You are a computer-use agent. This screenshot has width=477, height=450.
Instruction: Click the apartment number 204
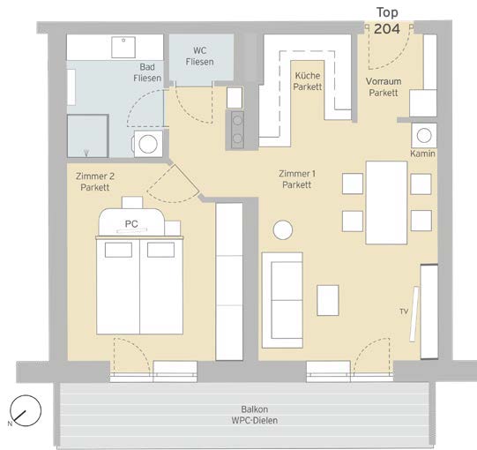(x=387, y=29)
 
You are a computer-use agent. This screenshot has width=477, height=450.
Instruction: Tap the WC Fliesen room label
(x=199, y=56)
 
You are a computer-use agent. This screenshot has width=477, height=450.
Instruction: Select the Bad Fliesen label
(x=147, y=72)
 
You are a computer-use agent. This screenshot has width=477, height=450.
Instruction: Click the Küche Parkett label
(x=307, y=81)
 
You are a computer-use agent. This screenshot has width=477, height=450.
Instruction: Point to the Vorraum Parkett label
(x=384, y=86)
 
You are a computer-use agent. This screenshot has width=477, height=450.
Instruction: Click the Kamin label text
(x=422, y=154)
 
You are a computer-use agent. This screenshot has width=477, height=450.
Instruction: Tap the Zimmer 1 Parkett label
(x=297, y=179)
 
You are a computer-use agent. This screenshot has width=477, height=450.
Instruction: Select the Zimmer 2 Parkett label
(x=95, y=182)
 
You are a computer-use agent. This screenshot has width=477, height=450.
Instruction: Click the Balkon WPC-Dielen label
(x=255, y=415)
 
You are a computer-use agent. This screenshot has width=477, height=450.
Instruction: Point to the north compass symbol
(x=26, y=410)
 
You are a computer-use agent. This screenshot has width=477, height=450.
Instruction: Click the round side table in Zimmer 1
(x=283, y=230)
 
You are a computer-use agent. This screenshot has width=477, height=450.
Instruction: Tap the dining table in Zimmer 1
(x=386, y=203)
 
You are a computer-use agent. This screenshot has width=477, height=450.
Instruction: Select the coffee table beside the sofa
(x=328, y=300)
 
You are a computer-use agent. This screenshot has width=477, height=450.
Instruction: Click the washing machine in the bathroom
(x=147, y=144)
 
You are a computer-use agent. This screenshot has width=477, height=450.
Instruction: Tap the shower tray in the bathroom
(x=88, y=136)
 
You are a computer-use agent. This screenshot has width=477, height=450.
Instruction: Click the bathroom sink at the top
(x=123, y=47)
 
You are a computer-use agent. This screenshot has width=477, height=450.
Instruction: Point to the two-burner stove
(x=237, y=130)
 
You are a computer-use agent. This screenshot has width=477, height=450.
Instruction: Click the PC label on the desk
(x=131, y=224)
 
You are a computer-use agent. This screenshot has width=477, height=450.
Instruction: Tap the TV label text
(x=404, y=311)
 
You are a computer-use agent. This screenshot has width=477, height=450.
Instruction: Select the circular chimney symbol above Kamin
(x=424, y=136)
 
